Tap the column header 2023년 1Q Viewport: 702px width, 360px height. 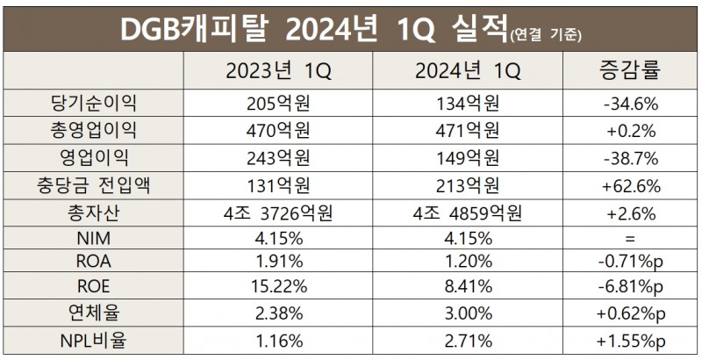(x=279, y=69)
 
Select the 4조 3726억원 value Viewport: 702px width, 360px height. (x=279, y=212)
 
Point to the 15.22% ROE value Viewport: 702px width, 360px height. (x=279, y=287)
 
